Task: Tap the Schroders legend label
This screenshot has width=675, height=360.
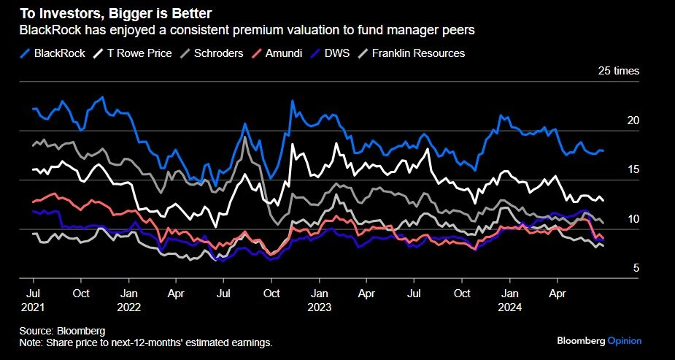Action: coord(219,53)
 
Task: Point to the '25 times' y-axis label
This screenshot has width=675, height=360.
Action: coord(618,71)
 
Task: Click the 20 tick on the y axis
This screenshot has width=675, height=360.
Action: coord(633,120)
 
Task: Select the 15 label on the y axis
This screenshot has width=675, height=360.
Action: coord(633,169)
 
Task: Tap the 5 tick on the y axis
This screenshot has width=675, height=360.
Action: coord(636,268)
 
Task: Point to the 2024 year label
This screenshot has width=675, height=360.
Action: coord(509,307)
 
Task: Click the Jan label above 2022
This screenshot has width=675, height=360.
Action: coord(128,294)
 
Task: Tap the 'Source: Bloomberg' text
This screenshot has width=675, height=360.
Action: coord(63,330)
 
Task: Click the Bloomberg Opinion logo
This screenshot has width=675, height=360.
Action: coord(598,340)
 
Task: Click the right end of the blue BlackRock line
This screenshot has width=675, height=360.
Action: coord(603,150)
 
